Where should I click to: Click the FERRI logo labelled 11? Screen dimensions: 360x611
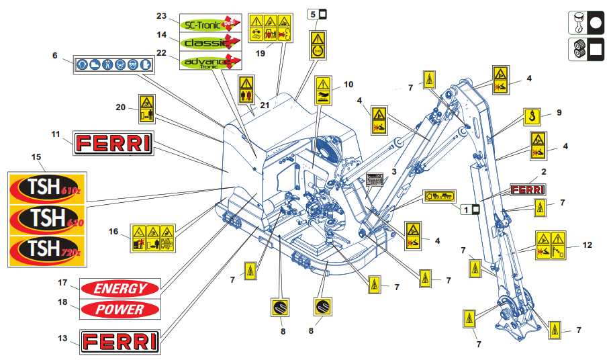(x=113, y=143)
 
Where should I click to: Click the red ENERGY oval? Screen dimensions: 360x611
(x=120, y=289)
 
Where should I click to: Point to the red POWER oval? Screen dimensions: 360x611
(x=120, y=310)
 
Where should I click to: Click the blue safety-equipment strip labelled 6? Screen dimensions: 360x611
(x=113, y=65)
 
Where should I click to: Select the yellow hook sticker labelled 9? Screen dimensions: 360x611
(x=531, y=118)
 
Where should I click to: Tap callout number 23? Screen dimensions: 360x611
(x=160, y=16)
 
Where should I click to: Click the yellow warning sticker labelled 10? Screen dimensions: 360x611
(x=323, y=91)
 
